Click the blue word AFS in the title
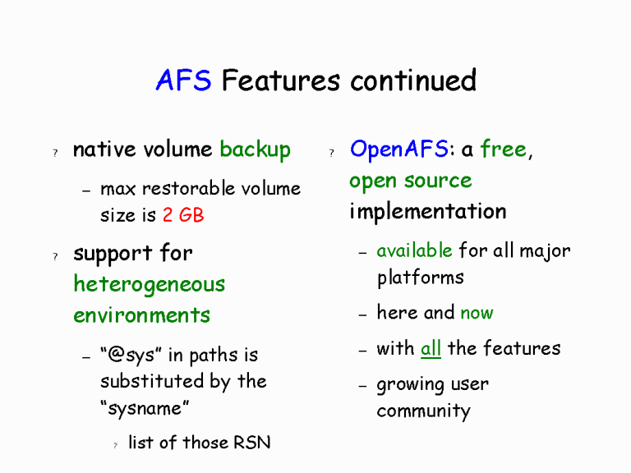[183, 80]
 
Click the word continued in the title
[413, 80]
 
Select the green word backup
[255, 149]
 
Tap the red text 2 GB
[183, 215]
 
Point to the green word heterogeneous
[149, 284]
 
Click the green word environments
[141, 315]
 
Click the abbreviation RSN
[251, 443]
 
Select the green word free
[503, 149]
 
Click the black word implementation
[427, 212]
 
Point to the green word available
[414, 250]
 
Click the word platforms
[420, 278]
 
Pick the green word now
[477, 313]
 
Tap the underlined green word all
[431, 348]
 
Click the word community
[423, 411]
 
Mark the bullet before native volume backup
[54, 152]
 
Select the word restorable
[178, 189]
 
